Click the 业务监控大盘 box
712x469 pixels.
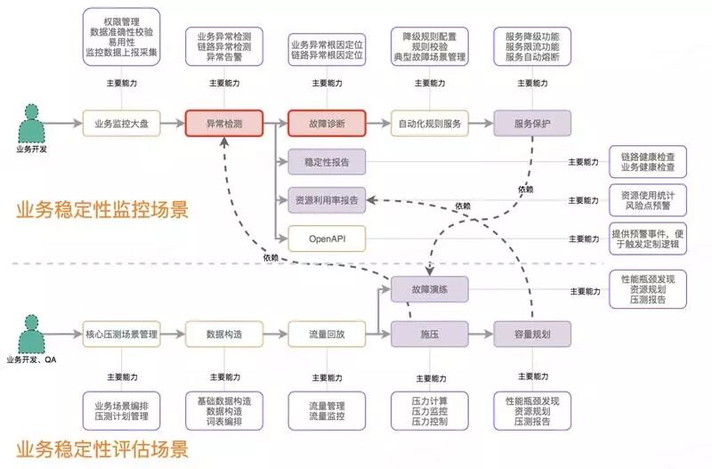[121, 123]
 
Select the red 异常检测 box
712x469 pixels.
[224, 123]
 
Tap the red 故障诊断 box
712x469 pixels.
[327, 123]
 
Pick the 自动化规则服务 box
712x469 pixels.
[428, 123]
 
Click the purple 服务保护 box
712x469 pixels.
[531, 123]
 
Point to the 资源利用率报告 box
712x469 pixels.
[327, 201]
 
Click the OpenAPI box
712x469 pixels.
[327, 239]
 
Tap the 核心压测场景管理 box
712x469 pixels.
[121, 335]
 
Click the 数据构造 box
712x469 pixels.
[224, 335]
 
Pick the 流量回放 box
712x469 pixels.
[327, 335]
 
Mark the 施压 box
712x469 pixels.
[428, 335]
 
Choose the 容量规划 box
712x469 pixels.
[531, 335]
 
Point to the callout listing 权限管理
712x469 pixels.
[121, 36]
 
